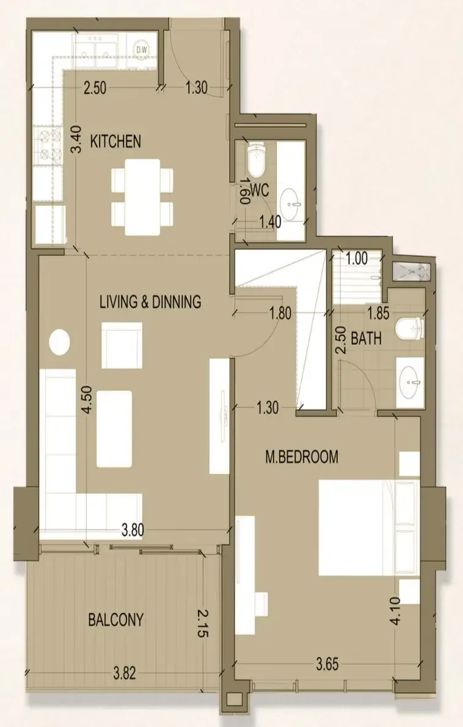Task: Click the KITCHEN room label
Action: (115, 141)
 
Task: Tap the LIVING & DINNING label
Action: (150, 302)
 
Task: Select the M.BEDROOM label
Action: (302, 457)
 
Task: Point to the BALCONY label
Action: (115, 620)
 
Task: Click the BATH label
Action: (366, 338)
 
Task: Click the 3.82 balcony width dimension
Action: (124, 673)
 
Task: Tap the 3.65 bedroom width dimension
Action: (327, 664)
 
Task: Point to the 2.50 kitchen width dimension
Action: (95, 88)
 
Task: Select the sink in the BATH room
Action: (410, 382)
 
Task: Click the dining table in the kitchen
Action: (142, 197)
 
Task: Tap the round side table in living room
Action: (59, 342)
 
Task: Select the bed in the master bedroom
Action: (370, 528)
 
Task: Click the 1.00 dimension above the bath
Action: (357, 258)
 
